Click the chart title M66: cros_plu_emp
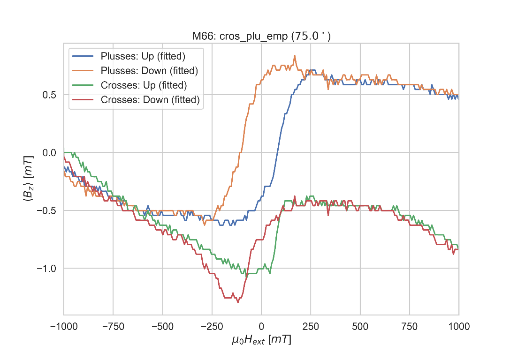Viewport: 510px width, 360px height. pos(261,37)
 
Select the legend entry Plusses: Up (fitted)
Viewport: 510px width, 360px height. pos(143,57)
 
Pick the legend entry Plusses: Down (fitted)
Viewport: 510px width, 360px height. pos(149,71)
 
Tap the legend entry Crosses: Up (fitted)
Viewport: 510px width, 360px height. pos(144,85)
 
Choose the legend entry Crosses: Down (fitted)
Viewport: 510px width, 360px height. pos(150,99)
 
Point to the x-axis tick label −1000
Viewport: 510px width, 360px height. pos(64,326)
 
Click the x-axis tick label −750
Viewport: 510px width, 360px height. pos(113,326)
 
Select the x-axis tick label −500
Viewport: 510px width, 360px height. pos(162,326)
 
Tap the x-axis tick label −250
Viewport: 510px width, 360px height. pos(212,326)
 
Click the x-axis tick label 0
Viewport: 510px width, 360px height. pos(261,326)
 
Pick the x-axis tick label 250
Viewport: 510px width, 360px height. pos(311,326)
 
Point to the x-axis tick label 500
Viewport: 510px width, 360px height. pos(360,326)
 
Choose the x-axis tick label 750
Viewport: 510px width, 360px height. pos(409,326)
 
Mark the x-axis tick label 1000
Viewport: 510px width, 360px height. pos(458,326)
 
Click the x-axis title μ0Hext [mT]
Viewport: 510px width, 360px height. pos(261,340)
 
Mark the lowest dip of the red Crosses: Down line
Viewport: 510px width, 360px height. pos(238,302)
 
